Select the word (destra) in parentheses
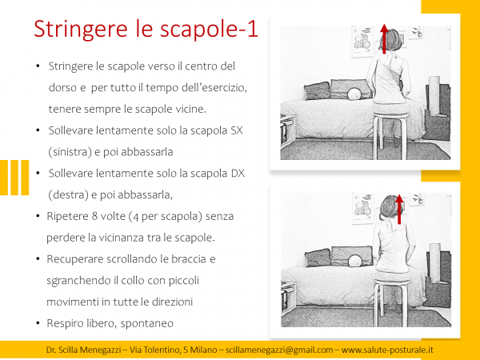coord(70,194)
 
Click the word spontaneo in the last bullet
coord(148,323)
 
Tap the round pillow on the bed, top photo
coord(354,94)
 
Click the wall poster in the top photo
coord(361,38)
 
